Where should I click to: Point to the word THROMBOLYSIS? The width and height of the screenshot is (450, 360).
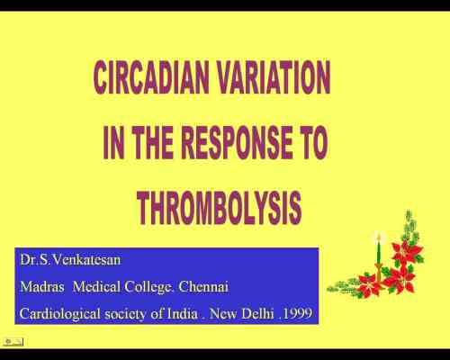pos(219,208)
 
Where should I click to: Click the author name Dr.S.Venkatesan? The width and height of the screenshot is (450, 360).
pos(70,261)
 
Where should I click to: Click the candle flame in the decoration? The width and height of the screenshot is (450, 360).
pos(379,237)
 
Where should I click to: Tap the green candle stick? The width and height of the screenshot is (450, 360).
pos(379,256)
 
